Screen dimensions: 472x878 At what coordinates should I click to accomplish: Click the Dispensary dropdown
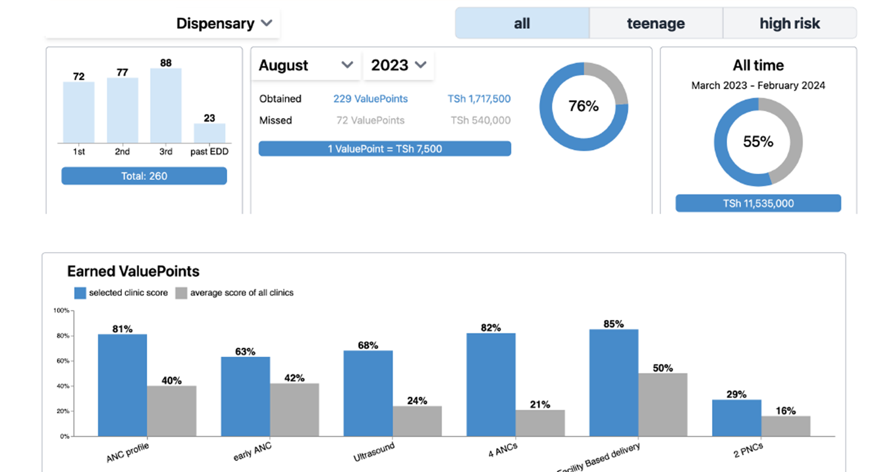point(224,24)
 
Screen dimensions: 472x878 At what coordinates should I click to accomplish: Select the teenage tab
point(656,24)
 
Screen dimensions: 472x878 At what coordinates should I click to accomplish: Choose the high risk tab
point(790,24)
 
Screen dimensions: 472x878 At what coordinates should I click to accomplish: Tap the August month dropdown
point(305,65)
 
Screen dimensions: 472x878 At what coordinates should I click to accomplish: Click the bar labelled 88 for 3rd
point(165,105)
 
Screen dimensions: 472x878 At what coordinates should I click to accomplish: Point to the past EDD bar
point(210,133)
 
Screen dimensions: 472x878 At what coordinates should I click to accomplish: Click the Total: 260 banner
point(144,176)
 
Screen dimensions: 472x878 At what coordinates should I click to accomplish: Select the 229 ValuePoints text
point(370,99)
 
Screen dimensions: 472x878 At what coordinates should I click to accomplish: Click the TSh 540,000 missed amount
point(480,121)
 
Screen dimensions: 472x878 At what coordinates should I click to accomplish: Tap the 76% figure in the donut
point(584,106)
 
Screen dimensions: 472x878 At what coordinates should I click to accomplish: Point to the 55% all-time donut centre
point(758,142)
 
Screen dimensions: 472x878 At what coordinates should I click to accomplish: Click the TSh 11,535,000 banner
point(758,204)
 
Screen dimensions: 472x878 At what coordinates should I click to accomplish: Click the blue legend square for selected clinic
point(80,293)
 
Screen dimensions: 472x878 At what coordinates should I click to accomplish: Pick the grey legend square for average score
point(181,293)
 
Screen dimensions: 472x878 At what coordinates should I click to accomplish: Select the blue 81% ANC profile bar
point(122,385)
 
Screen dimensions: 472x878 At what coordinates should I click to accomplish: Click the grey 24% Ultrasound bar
point(417,420)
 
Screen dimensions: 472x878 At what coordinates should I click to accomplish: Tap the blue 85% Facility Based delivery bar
point(613,382)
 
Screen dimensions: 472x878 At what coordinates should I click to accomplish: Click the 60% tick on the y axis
point(61,361)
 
